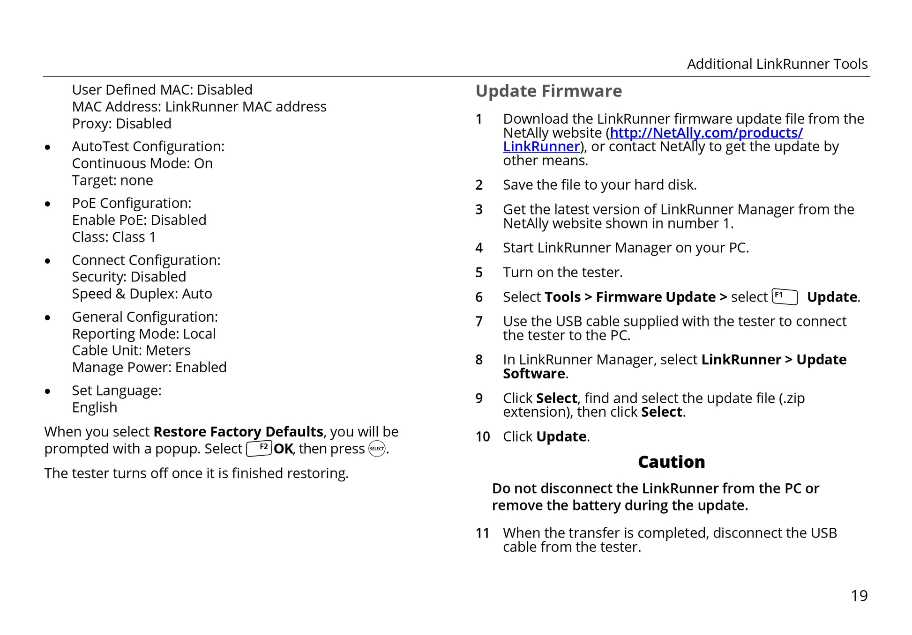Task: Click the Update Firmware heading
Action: pos(548,91)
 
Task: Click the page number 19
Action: pos(859,596)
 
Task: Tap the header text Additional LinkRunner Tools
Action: pos(777,64)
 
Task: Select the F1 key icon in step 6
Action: pos(785,297)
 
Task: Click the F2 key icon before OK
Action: pos(259,448)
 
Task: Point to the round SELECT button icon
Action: pos(377,449)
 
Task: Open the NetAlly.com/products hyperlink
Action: pos(706,133)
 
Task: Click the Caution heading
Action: pos(671,462)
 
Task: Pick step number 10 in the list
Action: pos(482,436)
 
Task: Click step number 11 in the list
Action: pos(482,533)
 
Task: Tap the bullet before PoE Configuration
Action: pos(47,204)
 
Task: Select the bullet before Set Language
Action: pos(47,391)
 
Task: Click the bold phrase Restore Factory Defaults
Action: pos(238,431)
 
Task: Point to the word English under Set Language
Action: pos(95,407)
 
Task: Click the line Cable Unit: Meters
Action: pos(131,350)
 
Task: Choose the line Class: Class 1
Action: pos(113,237)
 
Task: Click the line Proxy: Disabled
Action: pos(121,124)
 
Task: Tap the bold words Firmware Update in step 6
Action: pos(655,297)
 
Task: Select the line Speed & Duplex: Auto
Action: pos(142,294)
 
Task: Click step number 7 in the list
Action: pos(479,321)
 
